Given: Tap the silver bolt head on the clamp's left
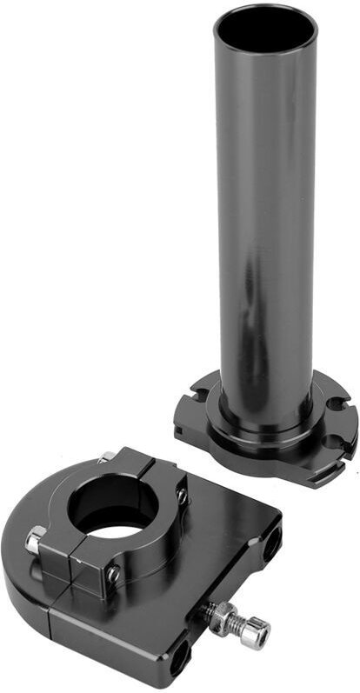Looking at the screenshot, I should pyautogui.click(x=35, y=540).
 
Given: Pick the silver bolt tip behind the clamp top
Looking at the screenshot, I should pyautogui.click(x=107, y=456).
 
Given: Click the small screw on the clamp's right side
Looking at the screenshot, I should pyautogui.click(x=182, y=495).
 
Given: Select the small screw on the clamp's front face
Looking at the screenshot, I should pyautogui.click(x=113, y=573).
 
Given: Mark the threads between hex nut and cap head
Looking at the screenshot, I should pyautogui.click(x=237, y=626).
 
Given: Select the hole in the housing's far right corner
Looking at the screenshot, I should pyautogui.click(x=273, y=540).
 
